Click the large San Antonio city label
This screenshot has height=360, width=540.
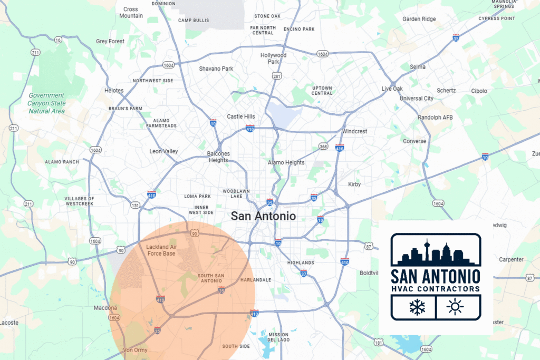click(x=263, y=216)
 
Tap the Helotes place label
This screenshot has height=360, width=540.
click(x=114, y=91)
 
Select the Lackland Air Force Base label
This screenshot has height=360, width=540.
click(x=161, y=250)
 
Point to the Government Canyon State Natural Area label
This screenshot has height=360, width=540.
click(x=46, y=103)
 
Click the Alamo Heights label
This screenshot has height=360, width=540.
click(x=286, y=162)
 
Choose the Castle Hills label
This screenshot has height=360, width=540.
click(x=240, y=116)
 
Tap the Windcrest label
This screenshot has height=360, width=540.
click(x=354, y=131)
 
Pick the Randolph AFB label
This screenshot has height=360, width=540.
click(x=435, y=117)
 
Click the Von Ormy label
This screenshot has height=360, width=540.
click(x=136, y=350)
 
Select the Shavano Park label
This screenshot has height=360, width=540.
click(x=216, y=69)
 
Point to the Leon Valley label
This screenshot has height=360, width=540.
click(x=163, y=151)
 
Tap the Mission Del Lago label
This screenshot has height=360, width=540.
click(x=278, y=337)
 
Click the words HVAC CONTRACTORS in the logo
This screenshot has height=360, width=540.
click(x=436, y=289)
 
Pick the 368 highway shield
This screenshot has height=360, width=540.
click(x=324, y=146)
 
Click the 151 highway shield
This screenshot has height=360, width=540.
click(x=135, y=206)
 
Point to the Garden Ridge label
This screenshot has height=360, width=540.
click(x=419, y=19)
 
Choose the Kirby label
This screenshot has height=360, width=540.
click(x=354, y=184)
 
